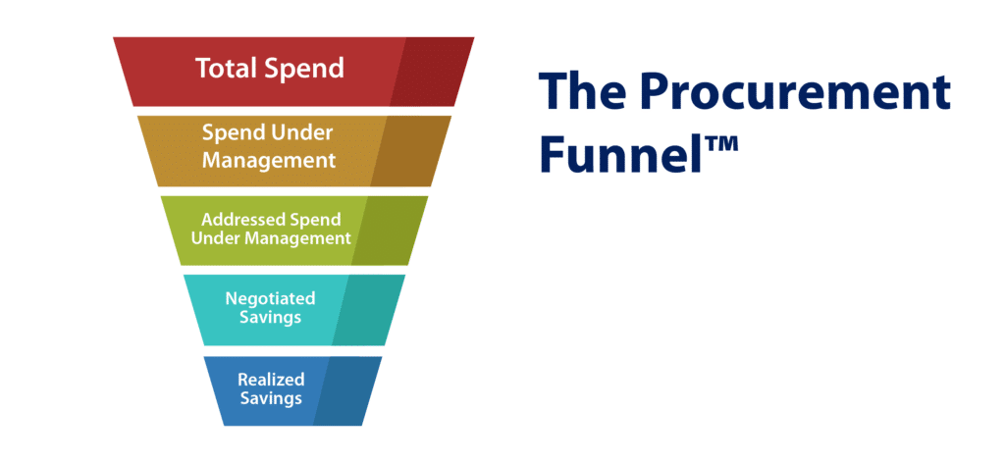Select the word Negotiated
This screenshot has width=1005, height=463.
[x=270, y=298]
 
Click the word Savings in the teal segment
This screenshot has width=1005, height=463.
[x=270, y=319]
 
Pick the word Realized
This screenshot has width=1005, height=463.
[x=270, y=379]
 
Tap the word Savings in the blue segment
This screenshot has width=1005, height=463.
[x=270, y=399]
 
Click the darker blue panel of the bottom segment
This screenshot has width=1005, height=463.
[x=344, y=390]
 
